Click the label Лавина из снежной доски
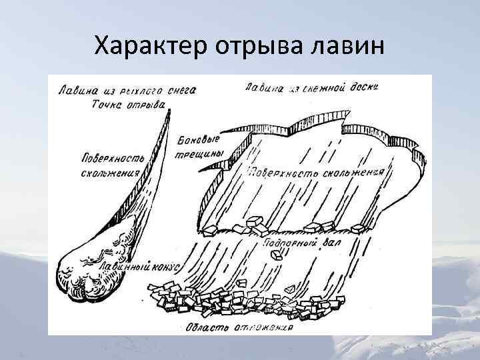point(311,87)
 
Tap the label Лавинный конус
point(139,265)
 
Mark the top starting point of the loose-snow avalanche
point(166,112)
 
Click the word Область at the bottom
point(207,327)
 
